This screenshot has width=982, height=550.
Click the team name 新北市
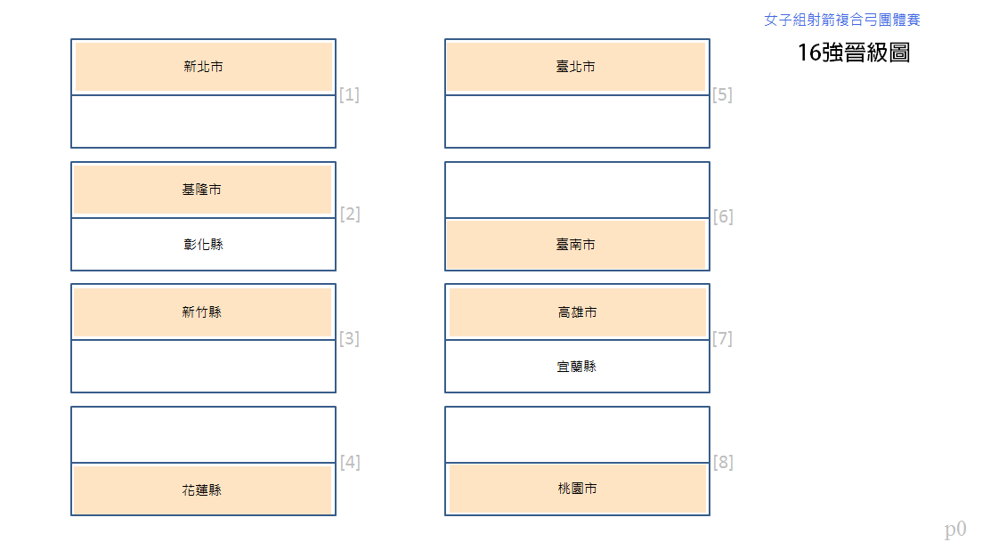click(204, 67)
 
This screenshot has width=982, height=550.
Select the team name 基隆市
click(202, 189)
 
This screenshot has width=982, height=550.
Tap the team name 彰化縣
click(204, 244)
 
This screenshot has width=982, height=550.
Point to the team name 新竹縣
click(202, 311)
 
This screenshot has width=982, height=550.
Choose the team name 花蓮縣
click(202, 490)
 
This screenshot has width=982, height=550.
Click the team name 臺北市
click(575, 67)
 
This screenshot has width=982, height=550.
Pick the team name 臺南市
click(575, 244)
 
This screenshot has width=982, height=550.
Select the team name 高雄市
click(578, 311)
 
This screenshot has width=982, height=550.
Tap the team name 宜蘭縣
click(577, 366)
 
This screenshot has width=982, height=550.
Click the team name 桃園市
click(578, 488)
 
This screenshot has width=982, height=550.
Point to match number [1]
click(350, 94)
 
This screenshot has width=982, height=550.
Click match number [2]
click(350, 214)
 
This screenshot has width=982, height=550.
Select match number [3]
click(350, 338)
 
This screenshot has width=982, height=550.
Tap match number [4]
click(350, 462)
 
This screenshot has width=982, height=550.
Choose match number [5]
click(722, 94)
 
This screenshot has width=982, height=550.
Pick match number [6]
click(723, 216)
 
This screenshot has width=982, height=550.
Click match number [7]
click(722, 338)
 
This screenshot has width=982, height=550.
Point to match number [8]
click(723, 462)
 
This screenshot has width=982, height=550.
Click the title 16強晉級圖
click(854, 53)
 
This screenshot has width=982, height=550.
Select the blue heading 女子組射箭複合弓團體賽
click(842, 20)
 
